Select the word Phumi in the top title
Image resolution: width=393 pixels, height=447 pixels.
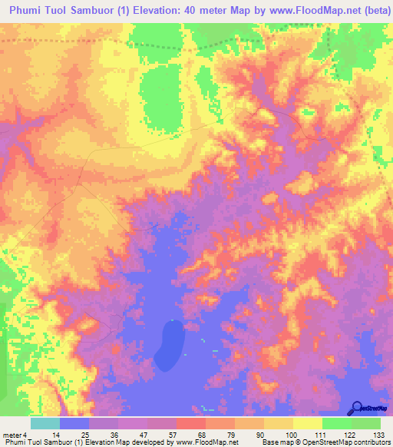(28, 8)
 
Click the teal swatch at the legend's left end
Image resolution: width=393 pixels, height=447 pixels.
(45, 423)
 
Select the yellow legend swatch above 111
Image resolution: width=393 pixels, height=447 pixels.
(307, 423)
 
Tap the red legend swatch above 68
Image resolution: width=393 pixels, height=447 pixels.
(190, 423)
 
